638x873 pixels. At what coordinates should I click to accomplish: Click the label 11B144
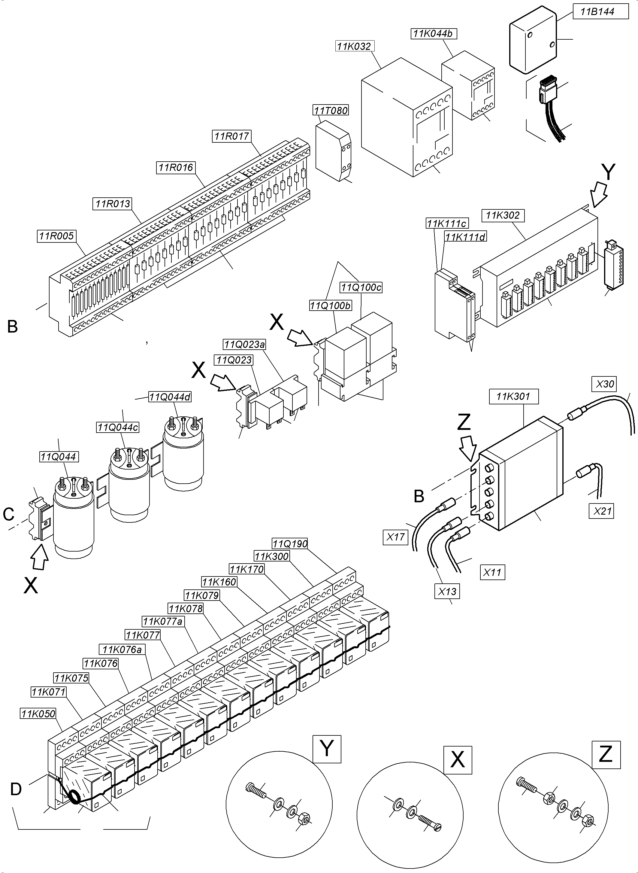coord(597,12)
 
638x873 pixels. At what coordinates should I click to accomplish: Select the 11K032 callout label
coord(354,46)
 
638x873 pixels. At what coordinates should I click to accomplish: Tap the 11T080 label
coord(331,111)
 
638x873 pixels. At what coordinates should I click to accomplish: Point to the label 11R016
coord(176,168)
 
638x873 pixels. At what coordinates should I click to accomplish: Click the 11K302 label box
coord(503,215)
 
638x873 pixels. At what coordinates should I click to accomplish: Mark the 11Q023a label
coord(244,344)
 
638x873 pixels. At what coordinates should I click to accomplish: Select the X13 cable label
coord(447,592)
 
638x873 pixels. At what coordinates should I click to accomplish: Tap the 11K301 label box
coord(513,397)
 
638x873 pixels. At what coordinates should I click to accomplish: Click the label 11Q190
coord(290,544)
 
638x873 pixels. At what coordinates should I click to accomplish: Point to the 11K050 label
coord(38,713)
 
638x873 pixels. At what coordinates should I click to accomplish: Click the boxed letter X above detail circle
coord(458,760)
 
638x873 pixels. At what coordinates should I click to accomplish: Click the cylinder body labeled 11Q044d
coord(183,460)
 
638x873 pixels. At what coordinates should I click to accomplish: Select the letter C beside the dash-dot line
coord(8,514)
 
